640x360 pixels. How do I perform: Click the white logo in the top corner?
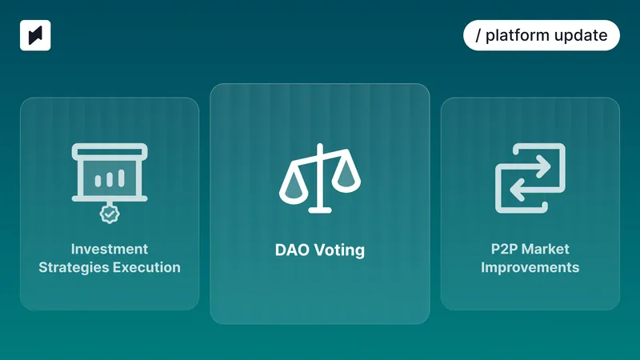click(x=35, y=36)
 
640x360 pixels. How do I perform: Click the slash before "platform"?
click(x=478, y=36)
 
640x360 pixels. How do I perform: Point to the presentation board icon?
click(x=110, y=172)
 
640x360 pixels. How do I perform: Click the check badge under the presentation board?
click(x=109, y=214)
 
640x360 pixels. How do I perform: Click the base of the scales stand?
click(x=319, y=210)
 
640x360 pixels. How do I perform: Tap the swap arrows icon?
click(x=530, y=178)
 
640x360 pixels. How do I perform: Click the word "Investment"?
click(x=110, y=249)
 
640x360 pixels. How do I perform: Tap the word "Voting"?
click(x=338, y=250)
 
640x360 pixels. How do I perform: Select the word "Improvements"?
click(x=530, y=267)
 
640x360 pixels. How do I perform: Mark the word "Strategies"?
click(x=73, y=267)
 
